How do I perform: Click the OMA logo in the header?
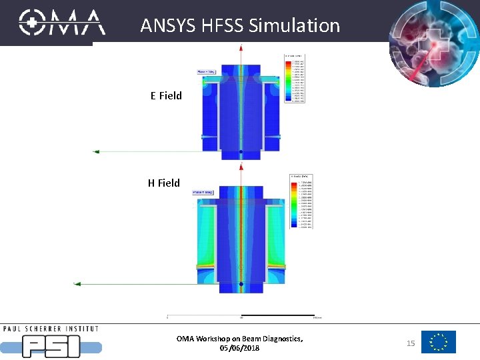62,22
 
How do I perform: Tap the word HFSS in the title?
223,26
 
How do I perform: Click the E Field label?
166,95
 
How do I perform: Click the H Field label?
164,183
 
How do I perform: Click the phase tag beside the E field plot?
205,72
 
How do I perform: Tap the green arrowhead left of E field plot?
96,152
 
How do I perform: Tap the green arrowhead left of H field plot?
77,284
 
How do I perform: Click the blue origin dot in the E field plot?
241,153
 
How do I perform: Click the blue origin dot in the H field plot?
241,285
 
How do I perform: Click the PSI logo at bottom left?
52,343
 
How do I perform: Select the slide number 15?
411,343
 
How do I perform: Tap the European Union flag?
439,342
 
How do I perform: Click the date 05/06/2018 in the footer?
239,348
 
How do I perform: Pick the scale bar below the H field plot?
243,315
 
